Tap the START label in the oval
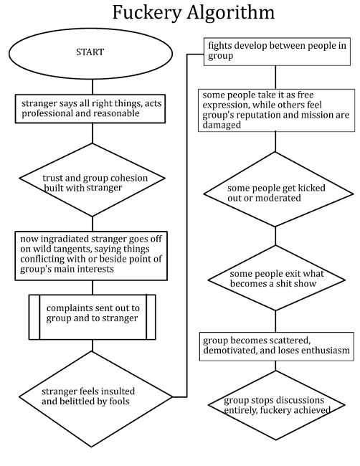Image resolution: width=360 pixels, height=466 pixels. tap(90, 52)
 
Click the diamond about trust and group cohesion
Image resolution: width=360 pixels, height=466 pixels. tap(93, 180)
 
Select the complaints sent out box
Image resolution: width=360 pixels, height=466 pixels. tap(93, 317)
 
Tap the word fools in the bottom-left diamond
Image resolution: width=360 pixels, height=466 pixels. tap(119, 401)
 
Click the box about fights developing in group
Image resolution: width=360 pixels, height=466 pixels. tap(277, 52)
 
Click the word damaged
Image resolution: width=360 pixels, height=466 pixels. tap(222, 125)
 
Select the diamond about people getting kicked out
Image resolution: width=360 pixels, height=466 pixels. tap(278, 194)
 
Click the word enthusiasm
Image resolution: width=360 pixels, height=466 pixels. tap(326, 350)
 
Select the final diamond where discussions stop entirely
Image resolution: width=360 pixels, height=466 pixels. tap(276, 405)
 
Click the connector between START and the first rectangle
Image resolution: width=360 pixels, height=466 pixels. tap(93, 87)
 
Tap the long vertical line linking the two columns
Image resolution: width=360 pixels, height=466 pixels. tap(187, 225)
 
